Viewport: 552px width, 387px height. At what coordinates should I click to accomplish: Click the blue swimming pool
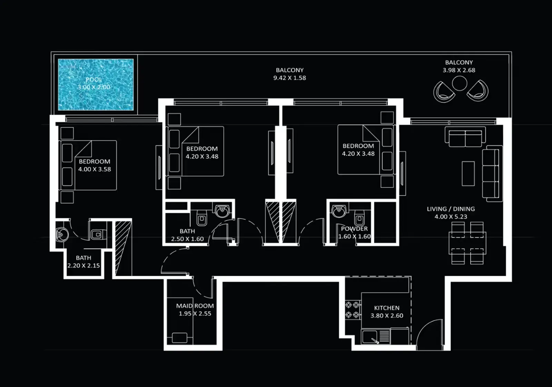[96, 85]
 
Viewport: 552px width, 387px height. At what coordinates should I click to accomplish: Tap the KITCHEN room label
[386, 308]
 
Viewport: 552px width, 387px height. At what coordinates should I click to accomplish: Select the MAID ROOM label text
[195, 306]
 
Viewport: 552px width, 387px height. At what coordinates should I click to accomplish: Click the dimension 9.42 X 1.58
[289, 78]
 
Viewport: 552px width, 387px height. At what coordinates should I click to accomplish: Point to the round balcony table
[459, 83]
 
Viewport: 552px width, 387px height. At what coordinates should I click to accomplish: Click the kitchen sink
[370, 337]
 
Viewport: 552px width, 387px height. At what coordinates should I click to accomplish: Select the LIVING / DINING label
[451, 209]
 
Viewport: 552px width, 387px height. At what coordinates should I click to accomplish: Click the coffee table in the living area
[468, 173]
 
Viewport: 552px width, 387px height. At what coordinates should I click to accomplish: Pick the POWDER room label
[354, 229]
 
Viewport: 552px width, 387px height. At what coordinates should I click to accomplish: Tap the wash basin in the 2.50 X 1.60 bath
[222, 210]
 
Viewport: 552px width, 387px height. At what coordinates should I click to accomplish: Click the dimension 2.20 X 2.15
[83, 265]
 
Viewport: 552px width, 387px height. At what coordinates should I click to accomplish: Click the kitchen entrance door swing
[429, 333]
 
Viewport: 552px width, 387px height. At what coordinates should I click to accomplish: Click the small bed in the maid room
[179, 337]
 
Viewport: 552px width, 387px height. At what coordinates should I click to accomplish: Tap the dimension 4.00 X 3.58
[95, 169]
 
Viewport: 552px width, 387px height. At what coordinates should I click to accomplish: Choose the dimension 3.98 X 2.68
[459, 70]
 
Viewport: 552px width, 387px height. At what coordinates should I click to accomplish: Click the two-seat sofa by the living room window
[465, 137]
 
